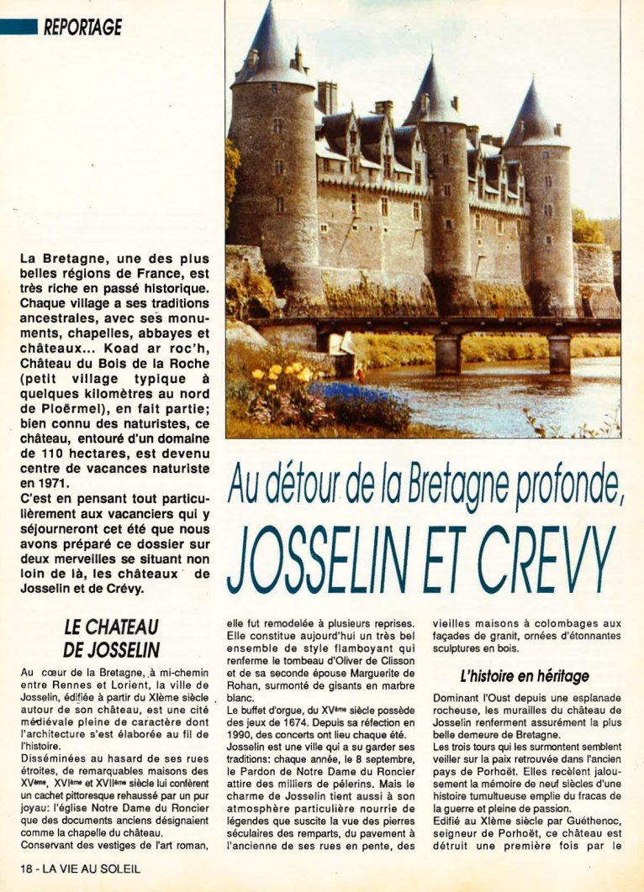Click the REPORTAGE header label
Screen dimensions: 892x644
click(82, 27)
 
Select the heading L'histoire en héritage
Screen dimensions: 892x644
click(524, 676)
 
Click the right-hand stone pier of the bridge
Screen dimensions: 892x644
click(559, 353)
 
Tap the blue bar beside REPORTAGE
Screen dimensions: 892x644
click(18, 27)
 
